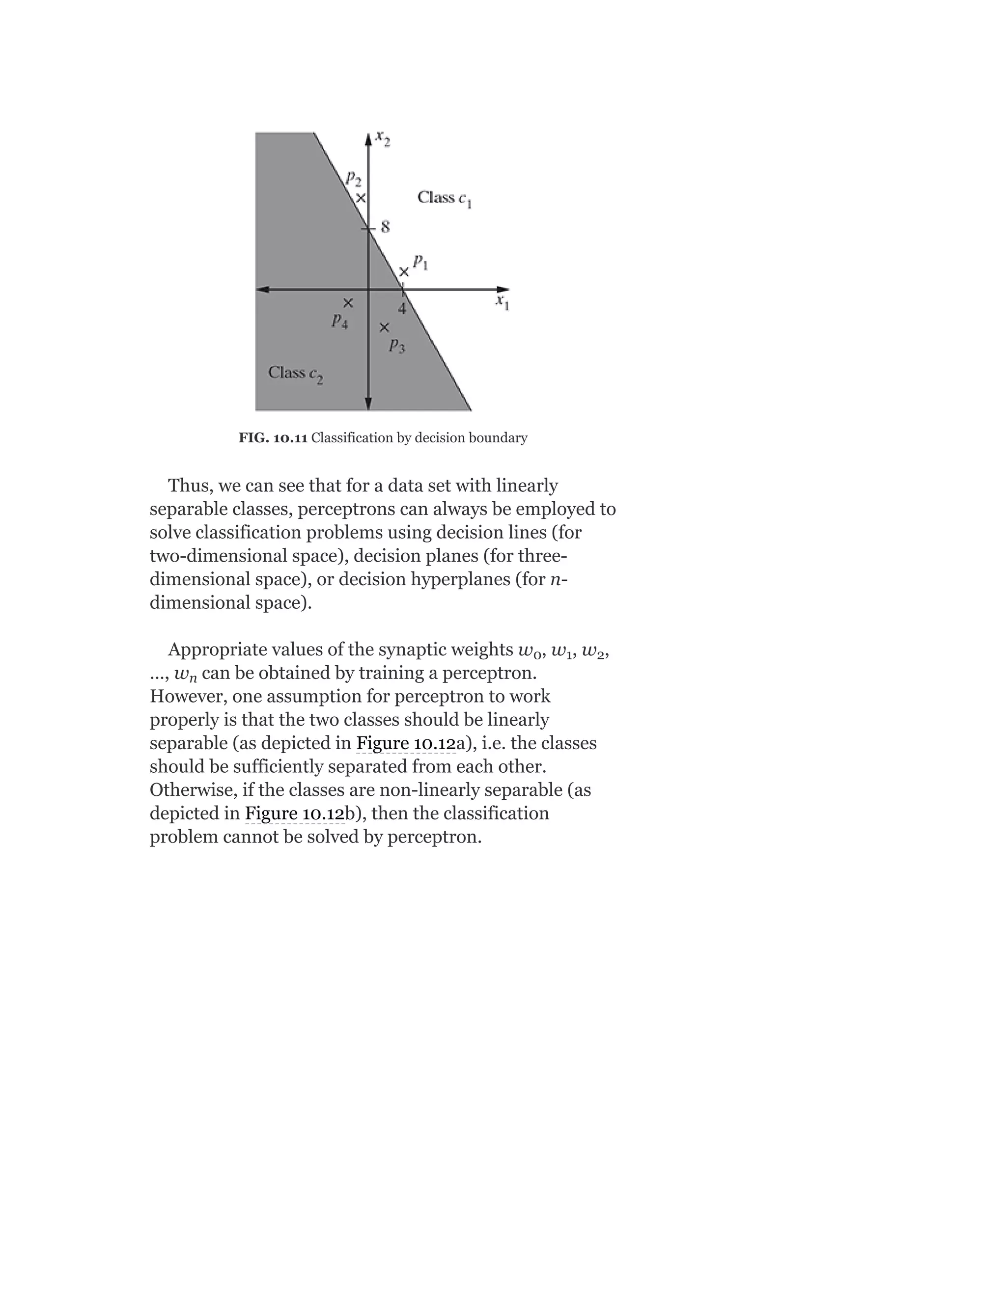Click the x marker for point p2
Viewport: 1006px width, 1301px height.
361,198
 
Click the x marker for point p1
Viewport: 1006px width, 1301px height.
404,271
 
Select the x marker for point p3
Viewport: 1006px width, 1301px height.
385,327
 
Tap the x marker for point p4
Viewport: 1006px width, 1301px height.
348,304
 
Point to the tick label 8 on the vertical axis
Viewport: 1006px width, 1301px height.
385,227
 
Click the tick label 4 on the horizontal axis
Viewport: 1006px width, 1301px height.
402,309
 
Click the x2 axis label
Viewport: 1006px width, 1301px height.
383,140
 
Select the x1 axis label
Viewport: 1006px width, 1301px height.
503,302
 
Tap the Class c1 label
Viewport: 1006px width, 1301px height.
445,198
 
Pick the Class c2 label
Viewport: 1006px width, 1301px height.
296,374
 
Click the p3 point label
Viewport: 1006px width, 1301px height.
397,346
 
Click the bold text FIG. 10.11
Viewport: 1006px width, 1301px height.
273,438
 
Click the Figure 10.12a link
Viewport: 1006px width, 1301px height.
406,743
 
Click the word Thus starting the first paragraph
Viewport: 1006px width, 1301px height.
190,486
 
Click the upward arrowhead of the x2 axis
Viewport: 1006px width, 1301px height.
368,139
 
